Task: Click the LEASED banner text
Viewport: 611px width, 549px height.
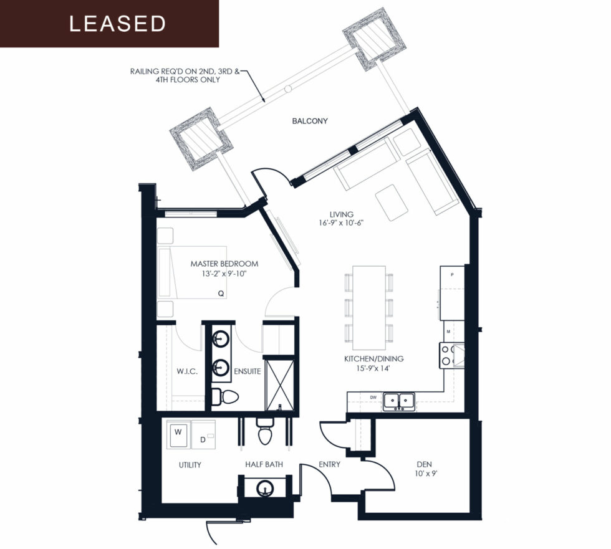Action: tap(117, 24)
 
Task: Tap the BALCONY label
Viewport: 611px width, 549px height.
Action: tap(310, 121)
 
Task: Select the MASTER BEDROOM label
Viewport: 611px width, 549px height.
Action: tap(224, 264)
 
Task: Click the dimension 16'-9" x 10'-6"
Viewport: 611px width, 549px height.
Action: tap(341, 223)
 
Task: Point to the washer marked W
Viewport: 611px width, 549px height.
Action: tap(178, 434)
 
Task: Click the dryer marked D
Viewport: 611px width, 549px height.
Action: tap(203, 435)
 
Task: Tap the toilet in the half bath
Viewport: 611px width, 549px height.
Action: tap(264, 431)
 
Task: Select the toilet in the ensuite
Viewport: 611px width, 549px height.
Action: tap(224, 397)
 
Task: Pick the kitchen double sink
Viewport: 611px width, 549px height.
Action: tap(398, 401)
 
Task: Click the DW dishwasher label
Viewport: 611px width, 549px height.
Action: tap(373, 398)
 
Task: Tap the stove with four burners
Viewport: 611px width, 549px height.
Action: tap(452, 355)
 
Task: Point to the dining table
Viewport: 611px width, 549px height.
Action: tap(368, 308)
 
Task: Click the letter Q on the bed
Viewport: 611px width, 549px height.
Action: tap(221, 294)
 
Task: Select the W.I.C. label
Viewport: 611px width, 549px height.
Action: tap(187, 371)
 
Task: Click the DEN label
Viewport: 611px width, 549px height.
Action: tap(424, 464)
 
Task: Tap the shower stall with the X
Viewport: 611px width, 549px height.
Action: tap(279, 384)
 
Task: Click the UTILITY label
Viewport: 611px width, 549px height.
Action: tap(190, 465)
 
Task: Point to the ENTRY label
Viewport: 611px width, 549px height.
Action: tap(329, 464)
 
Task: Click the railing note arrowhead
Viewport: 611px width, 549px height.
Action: tap(264, 100)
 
